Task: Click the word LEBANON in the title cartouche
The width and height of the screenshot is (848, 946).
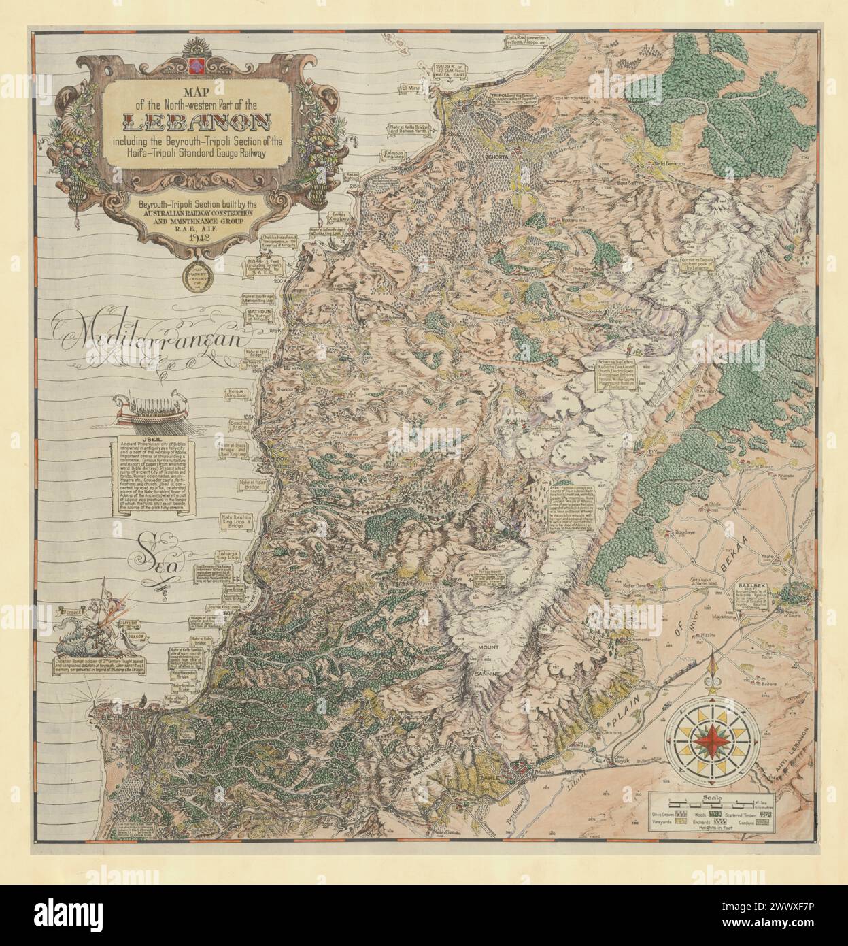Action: (197, 123)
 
